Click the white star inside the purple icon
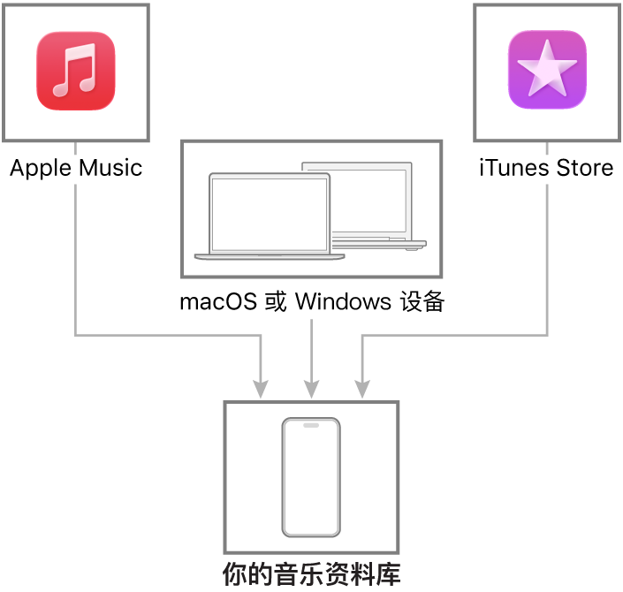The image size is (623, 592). point(547,67)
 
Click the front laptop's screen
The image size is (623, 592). point(270,215)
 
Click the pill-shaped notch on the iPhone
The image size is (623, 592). point(311,425)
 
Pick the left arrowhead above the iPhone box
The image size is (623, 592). point(260,389)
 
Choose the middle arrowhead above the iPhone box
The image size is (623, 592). point(311,389)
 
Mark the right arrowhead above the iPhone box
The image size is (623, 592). point(361,389)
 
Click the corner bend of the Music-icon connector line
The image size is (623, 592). point(75,335)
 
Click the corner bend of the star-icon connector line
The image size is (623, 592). point(547,335)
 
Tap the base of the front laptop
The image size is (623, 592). point(270,257)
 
